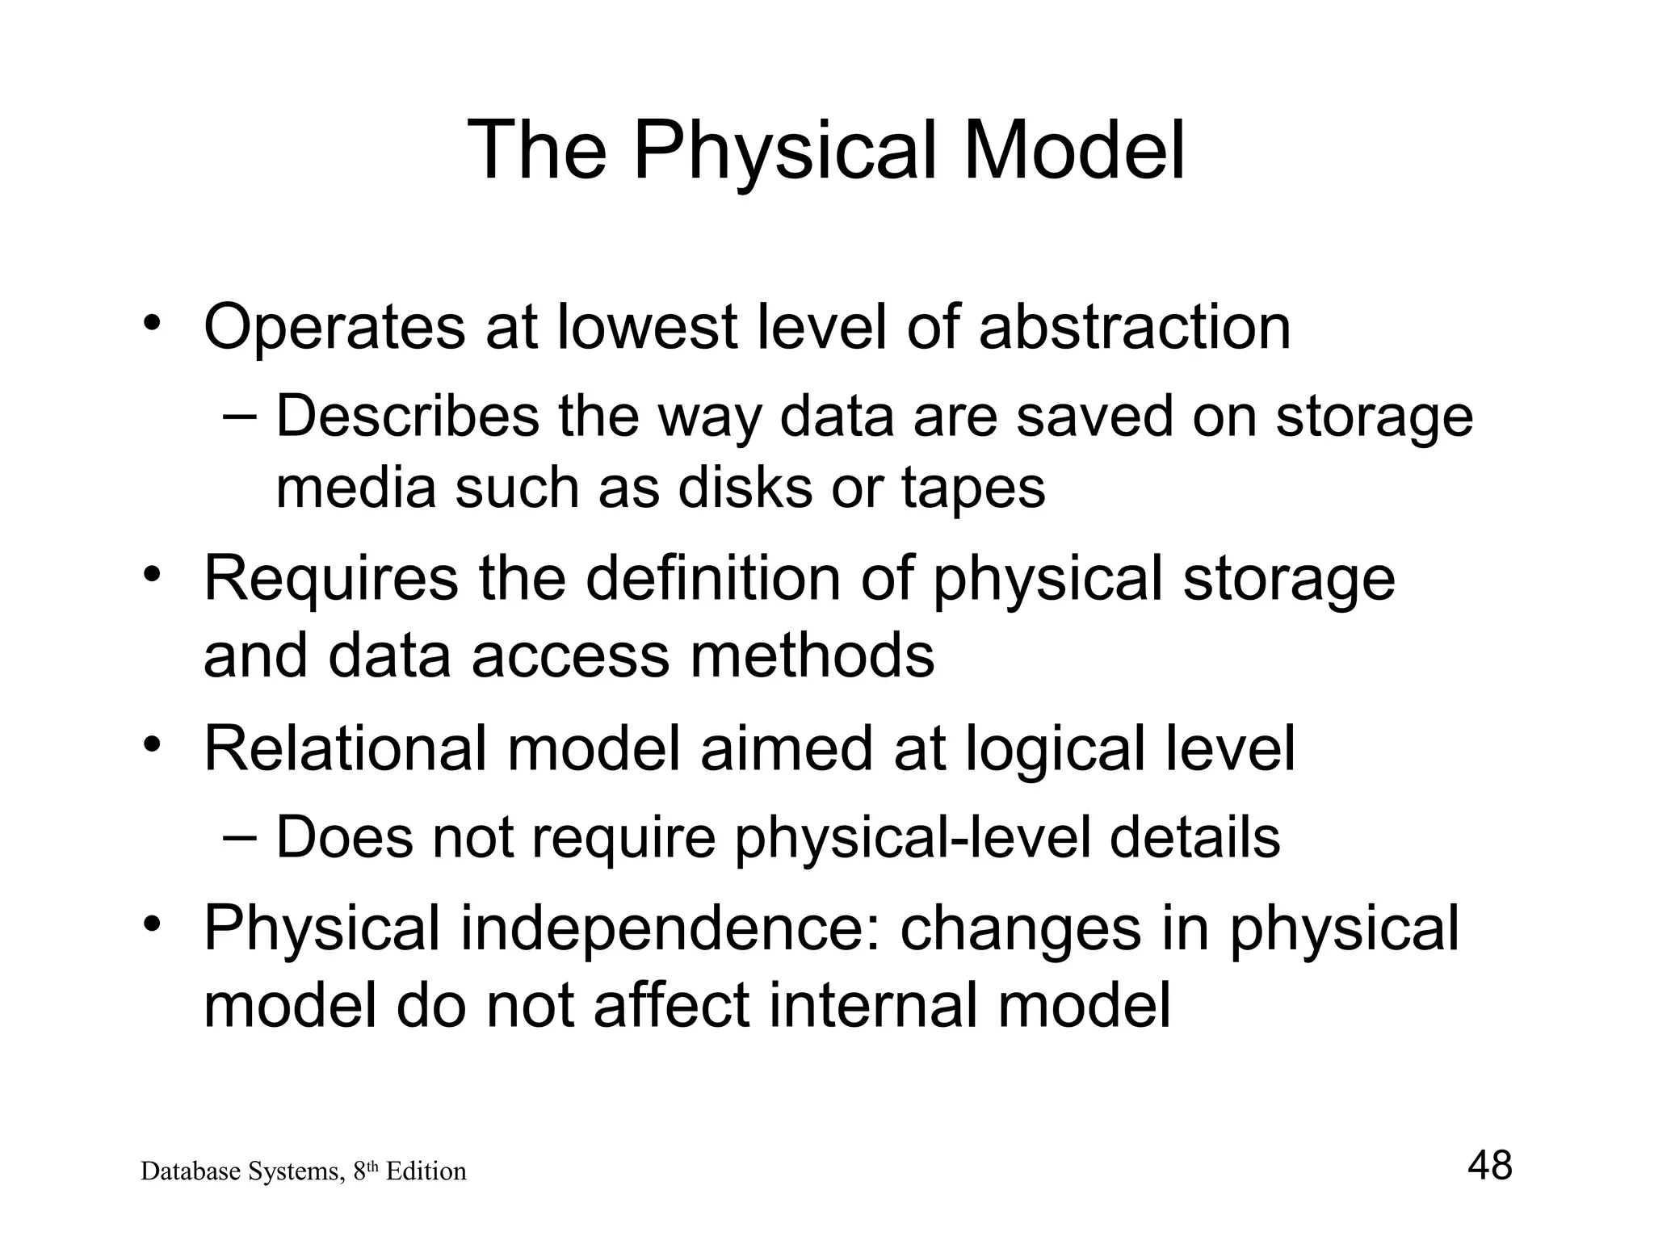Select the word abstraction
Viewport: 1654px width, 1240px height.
click(1135, 328)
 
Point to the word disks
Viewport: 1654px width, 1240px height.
click(745, 488)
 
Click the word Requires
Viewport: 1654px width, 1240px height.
click(330, 580)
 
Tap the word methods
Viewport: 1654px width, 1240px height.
click(812, 655)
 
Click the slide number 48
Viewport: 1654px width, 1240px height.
click(1489, 1166)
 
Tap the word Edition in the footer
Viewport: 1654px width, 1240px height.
click(426, 1171)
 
